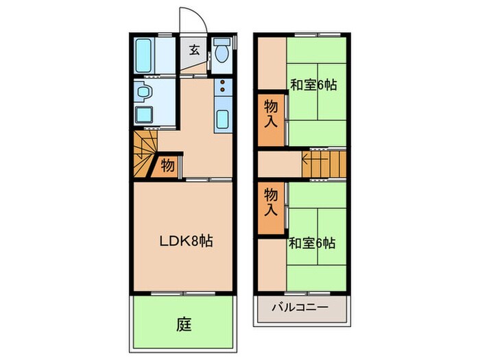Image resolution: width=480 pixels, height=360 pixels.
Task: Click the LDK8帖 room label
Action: (x=185, y=241)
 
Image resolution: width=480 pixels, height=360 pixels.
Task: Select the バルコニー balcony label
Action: (x=301, y=307)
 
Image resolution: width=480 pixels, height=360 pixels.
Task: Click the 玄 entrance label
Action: (x=195, y=49)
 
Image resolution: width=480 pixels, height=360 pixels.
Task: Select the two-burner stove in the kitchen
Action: (x=224, y=88)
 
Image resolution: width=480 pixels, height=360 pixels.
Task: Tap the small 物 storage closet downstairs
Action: (x=167, y=165)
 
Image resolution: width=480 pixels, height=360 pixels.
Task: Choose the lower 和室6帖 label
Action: (x=312, y=243)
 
